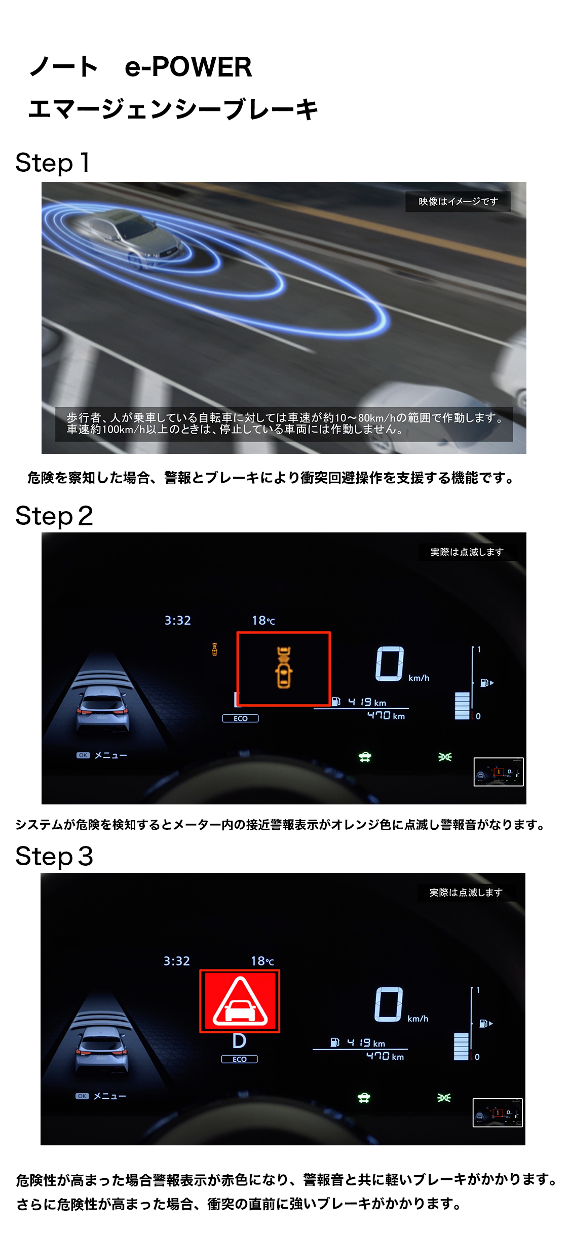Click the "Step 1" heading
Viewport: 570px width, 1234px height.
(53, 163)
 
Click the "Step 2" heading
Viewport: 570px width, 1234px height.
(54, 516)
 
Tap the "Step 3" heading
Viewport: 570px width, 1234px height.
(54, 857)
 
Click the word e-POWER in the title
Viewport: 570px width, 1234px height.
(188, 67)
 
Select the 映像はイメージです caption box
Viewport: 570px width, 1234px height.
(458, 202)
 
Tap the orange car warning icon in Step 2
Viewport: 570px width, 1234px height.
(284, 667)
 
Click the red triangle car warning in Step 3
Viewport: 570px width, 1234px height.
(240, 1001)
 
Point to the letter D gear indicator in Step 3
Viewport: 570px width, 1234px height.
(239, 1042)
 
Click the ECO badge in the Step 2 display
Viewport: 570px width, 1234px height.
(240, 718)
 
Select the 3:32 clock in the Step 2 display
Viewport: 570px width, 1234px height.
(178, 621)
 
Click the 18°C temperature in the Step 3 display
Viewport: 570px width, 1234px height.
(262, 961)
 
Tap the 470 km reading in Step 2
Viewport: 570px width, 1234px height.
(386, 715)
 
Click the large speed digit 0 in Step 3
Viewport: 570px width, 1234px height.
(389, 1004)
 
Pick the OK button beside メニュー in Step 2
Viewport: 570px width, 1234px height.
(83, 755)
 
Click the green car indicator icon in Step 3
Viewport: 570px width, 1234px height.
(364, 1098)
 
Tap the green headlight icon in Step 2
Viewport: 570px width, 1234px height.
(445, 757)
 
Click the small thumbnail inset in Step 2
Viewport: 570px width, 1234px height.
(499, 772)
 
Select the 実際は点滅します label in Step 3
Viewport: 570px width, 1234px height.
(466, 893)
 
